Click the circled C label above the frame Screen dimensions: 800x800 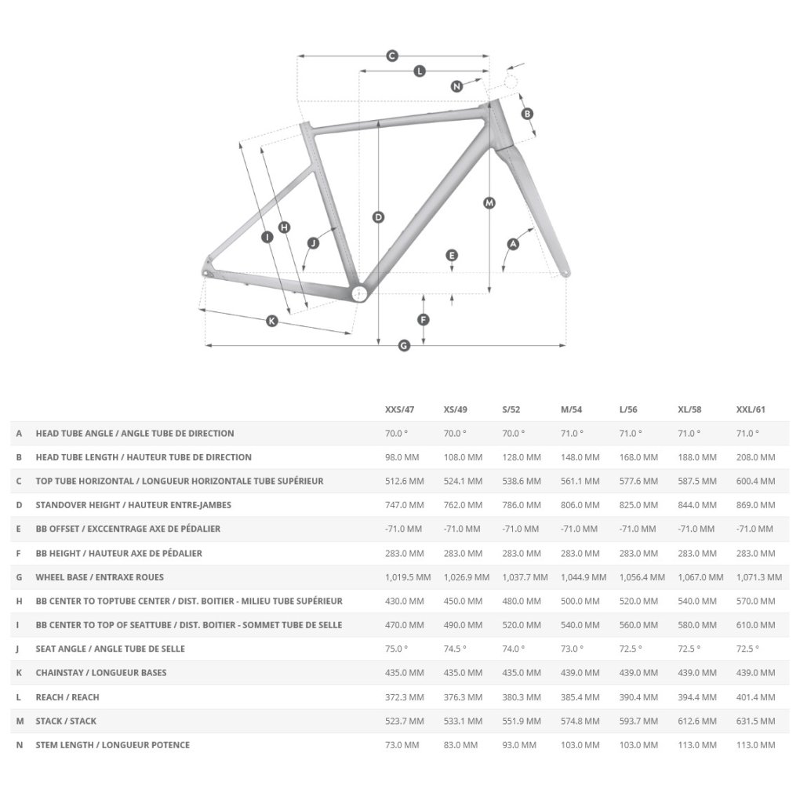pyautogui.click(x=393, y=56)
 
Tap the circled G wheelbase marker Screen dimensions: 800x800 pyautogui.click(x=405, y=345)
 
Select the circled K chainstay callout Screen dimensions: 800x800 pyautogui.click(x=272, y=321)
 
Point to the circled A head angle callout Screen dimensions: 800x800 pyautogui.click(x=514, y=244)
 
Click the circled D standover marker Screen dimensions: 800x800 pyautogui.click(x=378, y=217)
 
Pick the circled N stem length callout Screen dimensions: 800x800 pyautogui.click(x=456, y=86)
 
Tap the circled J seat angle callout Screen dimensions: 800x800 pyautogui.click(x=314, y=243)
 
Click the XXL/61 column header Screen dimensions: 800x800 pyautogui.click(x=751, y=409)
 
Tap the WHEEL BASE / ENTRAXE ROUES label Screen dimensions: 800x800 pyautogui.click(x=100, y=577)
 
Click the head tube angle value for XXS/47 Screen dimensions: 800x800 pyautogui.click(x=397, y=433)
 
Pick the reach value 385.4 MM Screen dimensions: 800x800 pyautogui.click(x=580, y=696)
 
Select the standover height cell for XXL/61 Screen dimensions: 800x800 pyautogui.click(x=755, y=505)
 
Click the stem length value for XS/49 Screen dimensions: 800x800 pyautogui.click(x=462, y=744)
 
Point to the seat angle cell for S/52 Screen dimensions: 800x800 pyautogui.click(x=514, y=649)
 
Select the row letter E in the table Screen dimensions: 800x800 pyautogui.click(x=19, y=529)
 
